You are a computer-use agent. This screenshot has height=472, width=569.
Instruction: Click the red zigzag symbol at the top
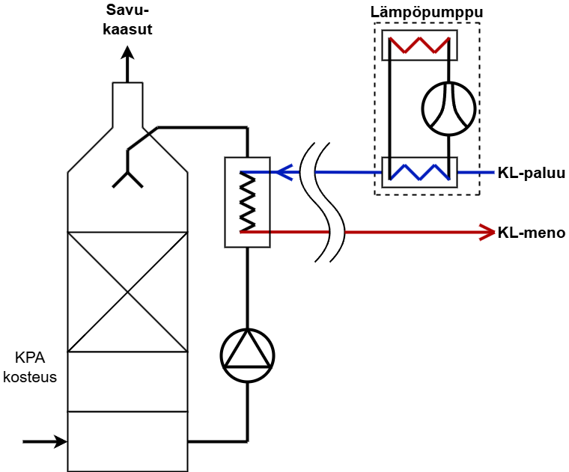[419, 45]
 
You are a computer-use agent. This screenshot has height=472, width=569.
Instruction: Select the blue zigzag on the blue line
[420, 172]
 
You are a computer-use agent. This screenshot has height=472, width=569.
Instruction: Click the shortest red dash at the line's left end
[254, 232]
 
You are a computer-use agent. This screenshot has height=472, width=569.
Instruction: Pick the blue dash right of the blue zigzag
[476, 172]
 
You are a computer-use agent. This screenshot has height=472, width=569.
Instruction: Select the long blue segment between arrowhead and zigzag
[346, 172]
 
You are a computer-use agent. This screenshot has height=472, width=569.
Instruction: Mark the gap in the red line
[336, 232]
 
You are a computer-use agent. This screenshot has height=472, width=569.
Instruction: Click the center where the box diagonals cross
[127, 292]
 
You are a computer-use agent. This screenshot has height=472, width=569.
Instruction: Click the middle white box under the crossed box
[127, 381]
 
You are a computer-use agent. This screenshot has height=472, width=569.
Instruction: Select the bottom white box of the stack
[127, 441]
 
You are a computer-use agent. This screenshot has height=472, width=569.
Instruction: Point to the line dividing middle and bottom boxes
[127, 411]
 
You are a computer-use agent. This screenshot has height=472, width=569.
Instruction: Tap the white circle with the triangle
[247, 355]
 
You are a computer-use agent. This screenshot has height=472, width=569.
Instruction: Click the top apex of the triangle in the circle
[248, 331]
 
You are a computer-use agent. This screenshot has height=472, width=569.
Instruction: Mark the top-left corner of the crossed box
[68, 233]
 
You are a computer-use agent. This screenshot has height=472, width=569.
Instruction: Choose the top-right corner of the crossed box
[186, 233]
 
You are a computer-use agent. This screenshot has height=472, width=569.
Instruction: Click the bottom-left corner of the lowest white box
[68, 471]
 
